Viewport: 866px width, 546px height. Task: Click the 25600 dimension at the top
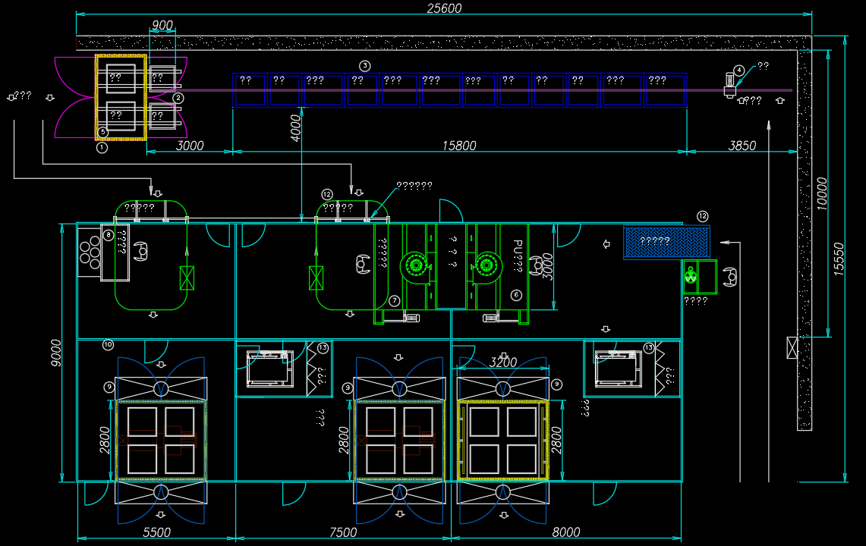coord(444,8)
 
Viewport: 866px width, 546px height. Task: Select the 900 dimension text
coord(162,25)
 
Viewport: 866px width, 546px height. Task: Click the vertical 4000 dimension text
coord(296,126)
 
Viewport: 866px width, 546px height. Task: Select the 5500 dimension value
coord(157,532)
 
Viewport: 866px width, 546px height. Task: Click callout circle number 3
coord(365,66)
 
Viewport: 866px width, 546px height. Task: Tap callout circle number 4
coord(738,70)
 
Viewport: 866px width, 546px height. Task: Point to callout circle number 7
coord(395,301)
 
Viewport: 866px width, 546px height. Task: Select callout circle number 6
coord(517,295)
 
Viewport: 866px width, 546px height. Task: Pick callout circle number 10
coord(108,345)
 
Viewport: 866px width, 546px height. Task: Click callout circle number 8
coord(109,235)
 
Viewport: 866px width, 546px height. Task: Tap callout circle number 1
coord(102,148)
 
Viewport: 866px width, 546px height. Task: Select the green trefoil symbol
coord(691,277)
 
